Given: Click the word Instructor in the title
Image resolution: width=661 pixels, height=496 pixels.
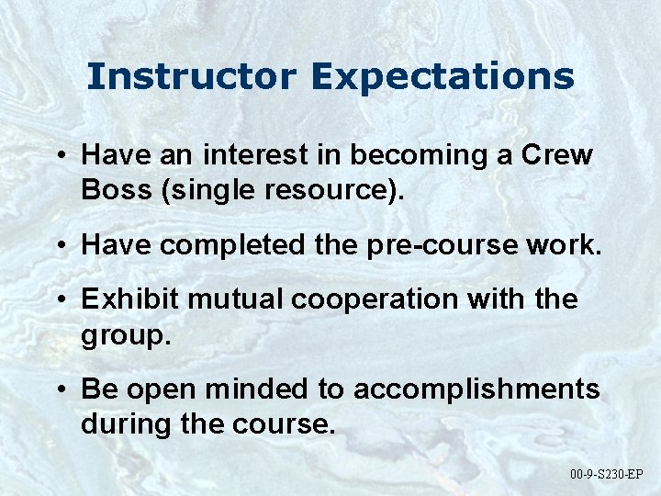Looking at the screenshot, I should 192,76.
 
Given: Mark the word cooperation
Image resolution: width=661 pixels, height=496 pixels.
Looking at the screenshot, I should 366,299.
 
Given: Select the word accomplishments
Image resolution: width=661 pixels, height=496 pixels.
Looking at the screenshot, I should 476,389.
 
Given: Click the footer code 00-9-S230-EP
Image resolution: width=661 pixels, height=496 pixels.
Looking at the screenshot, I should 607,474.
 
